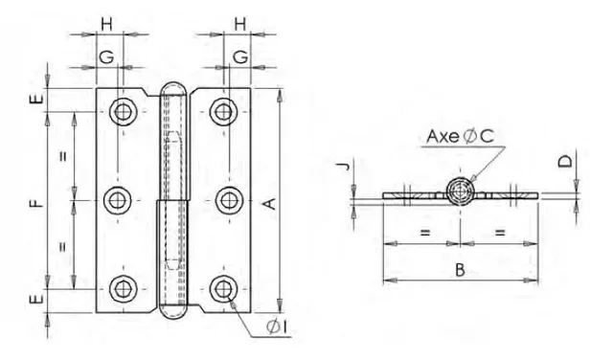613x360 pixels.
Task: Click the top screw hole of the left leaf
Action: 122,111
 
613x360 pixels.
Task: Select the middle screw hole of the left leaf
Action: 119,200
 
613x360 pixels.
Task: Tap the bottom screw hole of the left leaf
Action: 122,288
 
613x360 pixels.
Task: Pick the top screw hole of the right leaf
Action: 224,111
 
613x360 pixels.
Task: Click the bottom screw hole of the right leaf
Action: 224,288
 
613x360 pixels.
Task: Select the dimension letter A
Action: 270,202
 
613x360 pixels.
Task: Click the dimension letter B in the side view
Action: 460,270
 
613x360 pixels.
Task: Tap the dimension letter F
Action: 36,202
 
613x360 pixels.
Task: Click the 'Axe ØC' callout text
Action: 461,138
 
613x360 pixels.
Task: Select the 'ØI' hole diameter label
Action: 280,329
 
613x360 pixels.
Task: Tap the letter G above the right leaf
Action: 238,58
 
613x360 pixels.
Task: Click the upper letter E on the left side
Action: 36,99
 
